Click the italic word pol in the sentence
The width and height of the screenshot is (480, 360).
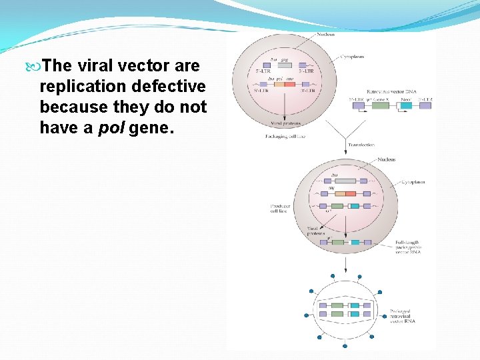coord(111,127)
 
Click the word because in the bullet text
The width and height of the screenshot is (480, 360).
coord(67,107)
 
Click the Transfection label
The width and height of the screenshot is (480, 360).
coord(361,144)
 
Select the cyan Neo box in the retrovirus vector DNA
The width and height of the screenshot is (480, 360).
coord(405,105)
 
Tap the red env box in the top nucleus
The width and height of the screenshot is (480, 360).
coord(289,85)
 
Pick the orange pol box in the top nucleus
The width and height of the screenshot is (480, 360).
coord(279,85)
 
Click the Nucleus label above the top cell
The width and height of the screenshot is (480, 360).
coord(325,34)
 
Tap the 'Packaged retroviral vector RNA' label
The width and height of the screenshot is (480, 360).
coord(404,316)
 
